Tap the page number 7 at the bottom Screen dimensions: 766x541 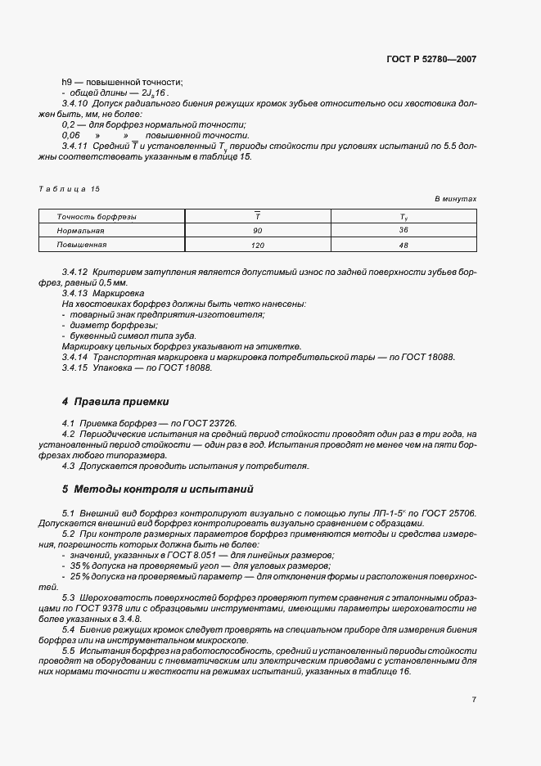474,699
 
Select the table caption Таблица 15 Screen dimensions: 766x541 69,189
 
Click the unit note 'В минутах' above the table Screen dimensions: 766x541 455,199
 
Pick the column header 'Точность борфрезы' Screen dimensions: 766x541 97,217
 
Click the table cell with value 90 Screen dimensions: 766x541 257,231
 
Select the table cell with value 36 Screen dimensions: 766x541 403,231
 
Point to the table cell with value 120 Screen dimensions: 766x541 257,245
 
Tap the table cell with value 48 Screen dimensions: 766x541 403,245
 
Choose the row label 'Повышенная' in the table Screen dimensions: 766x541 81,245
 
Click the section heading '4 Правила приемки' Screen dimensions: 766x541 115,402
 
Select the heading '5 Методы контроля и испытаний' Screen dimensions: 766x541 147,489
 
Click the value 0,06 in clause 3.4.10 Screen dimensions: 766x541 71,135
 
